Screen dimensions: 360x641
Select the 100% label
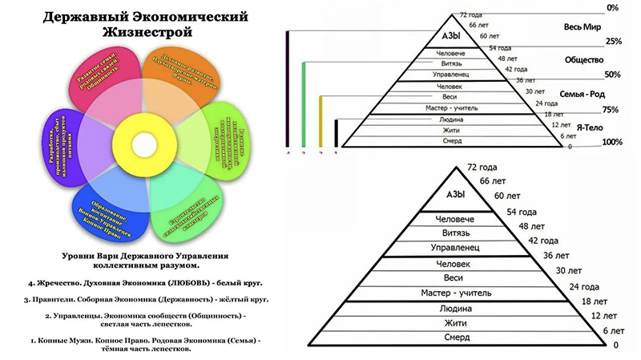pos(613,143)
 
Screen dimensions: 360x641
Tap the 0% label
pos(614,7)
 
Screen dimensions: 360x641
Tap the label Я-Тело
pos(581,126)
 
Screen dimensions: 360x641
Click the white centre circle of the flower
pos(145,145)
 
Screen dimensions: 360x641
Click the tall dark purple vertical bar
pos(288,88)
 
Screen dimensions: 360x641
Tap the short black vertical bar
pos(336,133)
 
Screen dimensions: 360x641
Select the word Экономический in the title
pos(185,15)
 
